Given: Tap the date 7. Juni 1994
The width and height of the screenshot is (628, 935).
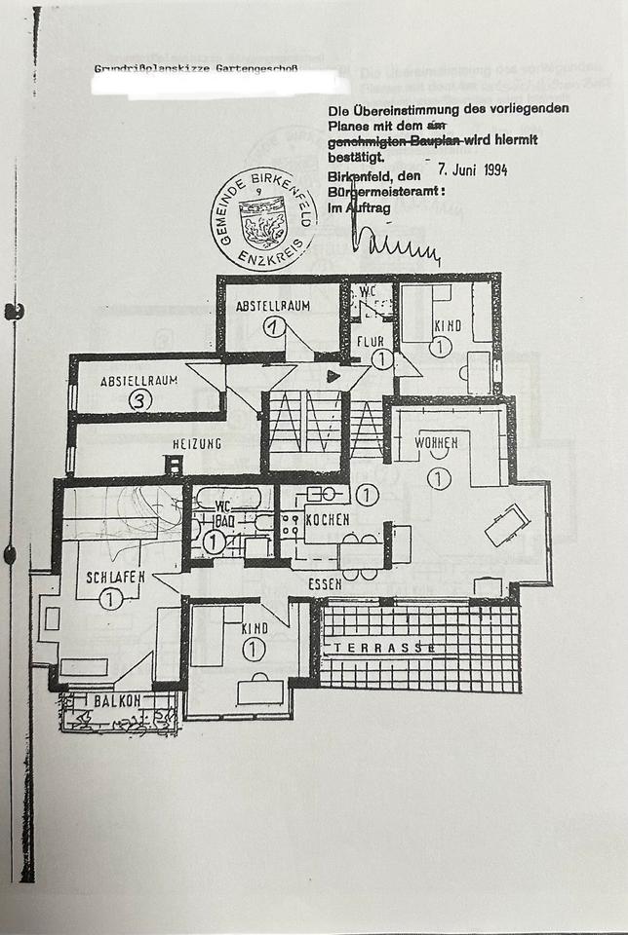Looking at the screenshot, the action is (x=473, y=169).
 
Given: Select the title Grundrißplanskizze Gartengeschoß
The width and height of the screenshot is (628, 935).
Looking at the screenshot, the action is (x=195, y=69).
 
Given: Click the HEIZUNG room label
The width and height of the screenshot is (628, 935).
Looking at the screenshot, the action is (x=197, y=444).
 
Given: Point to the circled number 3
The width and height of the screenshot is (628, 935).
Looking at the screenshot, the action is (x=140, y=399).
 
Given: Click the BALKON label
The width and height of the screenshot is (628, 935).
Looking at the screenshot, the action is (x=117, y=700).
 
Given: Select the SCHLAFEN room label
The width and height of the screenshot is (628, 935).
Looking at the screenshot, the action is (x=115, y=577).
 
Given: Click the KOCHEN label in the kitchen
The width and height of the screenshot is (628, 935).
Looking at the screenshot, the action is (x=328, y=520).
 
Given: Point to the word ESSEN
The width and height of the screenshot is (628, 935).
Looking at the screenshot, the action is (x=325, y=584).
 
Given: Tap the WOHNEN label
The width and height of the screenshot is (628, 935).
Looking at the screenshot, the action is (x=437, y=444).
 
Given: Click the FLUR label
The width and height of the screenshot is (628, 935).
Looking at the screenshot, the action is (x=370, y=342).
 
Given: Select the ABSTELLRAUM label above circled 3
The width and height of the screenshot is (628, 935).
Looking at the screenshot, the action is (x=139, y=381).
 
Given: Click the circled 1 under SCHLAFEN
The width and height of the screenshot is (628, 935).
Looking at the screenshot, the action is (x=110, y=599).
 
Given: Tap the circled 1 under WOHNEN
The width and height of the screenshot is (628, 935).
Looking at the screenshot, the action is (x=438, y=477).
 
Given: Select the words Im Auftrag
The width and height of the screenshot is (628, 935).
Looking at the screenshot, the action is (x=359, y=208).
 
